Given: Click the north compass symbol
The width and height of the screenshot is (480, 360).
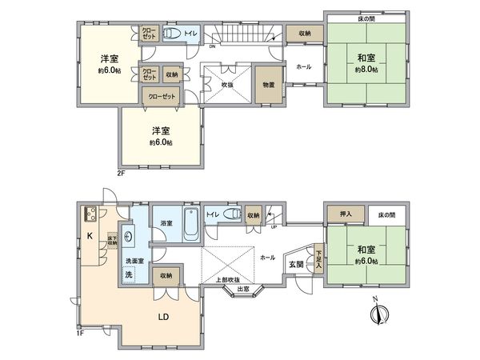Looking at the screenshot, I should tap(380, 313).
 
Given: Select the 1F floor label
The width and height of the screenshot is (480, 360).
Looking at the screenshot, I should tap(82, 334).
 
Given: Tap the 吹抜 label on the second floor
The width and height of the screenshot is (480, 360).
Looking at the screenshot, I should tap(227, 84).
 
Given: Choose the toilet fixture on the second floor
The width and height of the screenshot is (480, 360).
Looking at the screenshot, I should tap(171, 34).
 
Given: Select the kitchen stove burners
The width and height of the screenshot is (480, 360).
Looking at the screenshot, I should tap(90, 214).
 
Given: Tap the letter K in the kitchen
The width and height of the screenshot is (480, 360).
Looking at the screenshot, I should tap(90, 236).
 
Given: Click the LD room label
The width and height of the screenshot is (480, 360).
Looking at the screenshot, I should tap(162, 315).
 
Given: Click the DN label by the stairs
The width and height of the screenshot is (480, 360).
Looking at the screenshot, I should tap(212, 46).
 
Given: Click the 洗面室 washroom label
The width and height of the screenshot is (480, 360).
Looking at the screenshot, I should tap(134, 262).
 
